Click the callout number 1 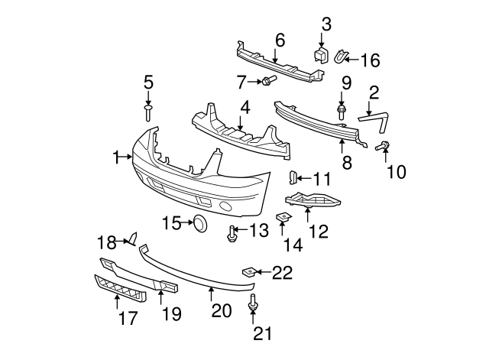click(117, 157)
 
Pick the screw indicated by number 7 click(267, 80)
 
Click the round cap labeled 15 click(200, 223)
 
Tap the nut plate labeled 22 click(248, 271)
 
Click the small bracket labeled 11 click(292, 178)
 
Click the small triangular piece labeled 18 click(131, 241)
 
